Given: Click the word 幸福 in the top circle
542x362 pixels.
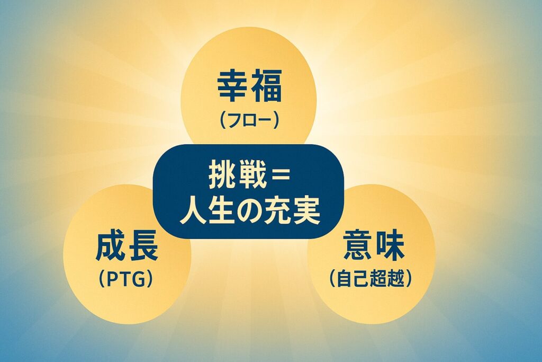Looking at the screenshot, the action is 250,85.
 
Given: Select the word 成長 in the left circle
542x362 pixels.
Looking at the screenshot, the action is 127,247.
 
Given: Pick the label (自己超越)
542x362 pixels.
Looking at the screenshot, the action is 371,278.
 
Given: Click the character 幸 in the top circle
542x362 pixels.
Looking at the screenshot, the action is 233,85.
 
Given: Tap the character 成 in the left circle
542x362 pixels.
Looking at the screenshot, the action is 111,247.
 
